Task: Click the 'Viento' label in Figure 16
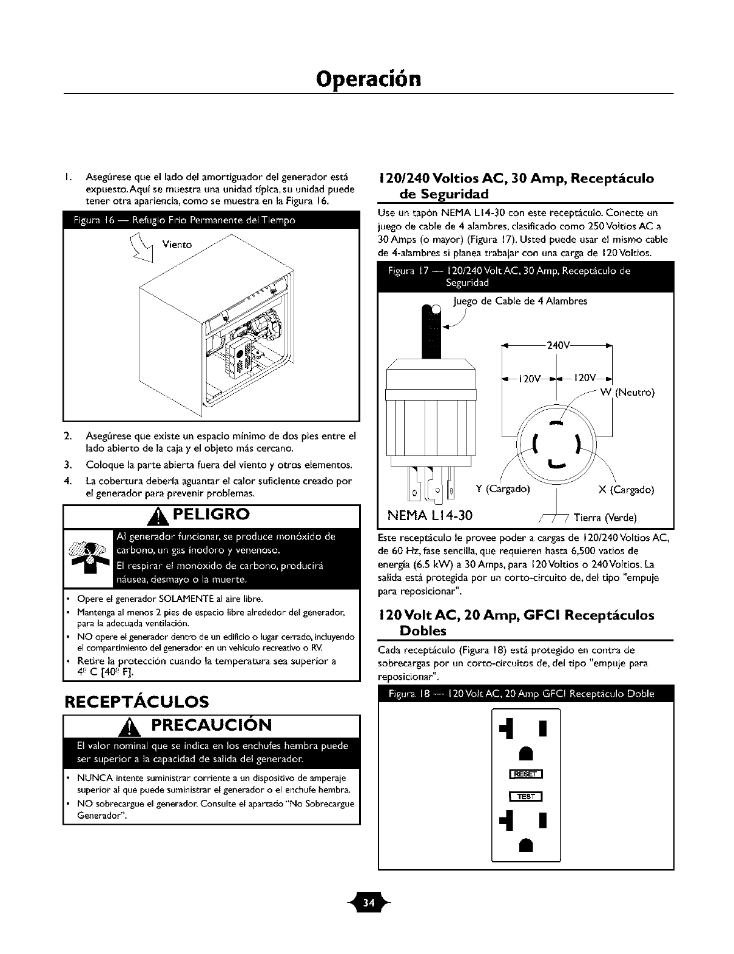(x=177, y=245)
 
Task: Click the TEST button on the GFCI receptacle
(x=526, y=797)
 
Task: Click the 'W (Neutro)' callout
(x=627, y=392)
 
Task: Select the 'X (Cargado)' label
(x=625, y=490)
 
